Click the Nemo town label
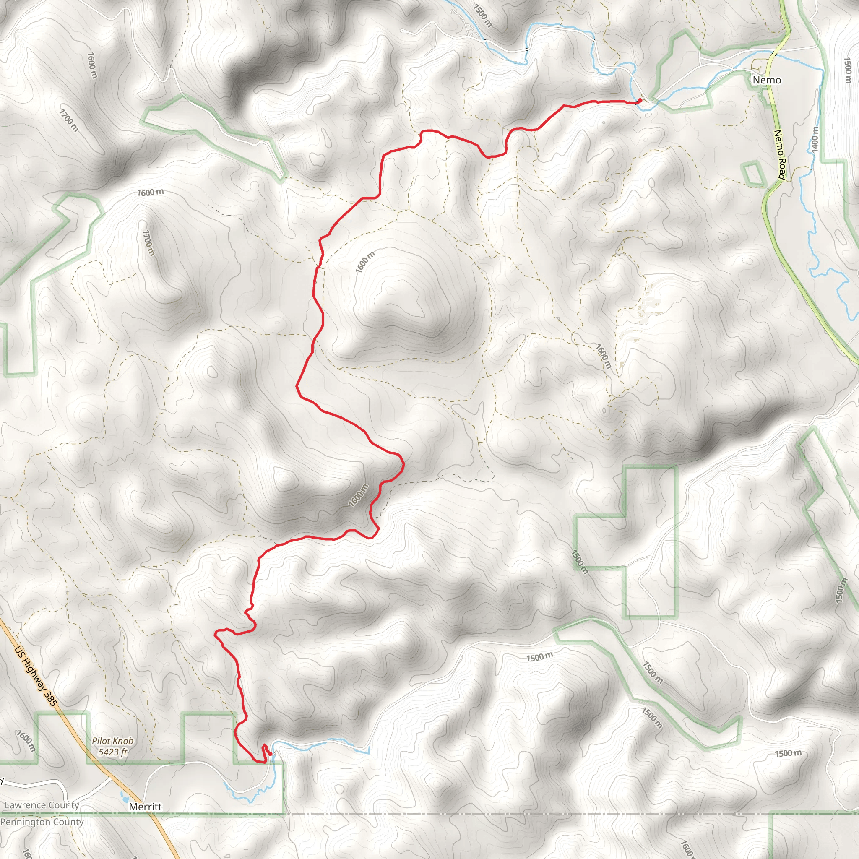pyautogui.click(x=767, y=80)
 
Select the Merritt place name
pyautogui.click(x=146, y=807)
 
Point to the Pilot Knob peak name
pyautogui.click(x=112, y=741)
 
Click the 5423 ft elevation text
pyautogui.click(x=112, y=752)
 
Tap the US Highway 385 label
pyautogui.click(x=36, y=676)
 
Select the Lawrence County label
pyautogui.click(x=42, y=805)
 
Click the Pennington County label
pyautogui.click(x=42, y=822)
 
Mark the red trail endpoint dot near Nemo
pyautogui.click(x=640, y=100)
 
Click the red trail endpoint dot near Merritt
pyautogui.click(x=270, y=754)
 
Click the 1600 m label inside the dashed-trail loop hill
pyautogui.click(x=365, y=262)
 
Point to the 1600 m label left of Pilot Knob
pyautogui.click(x=26, y=740)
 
